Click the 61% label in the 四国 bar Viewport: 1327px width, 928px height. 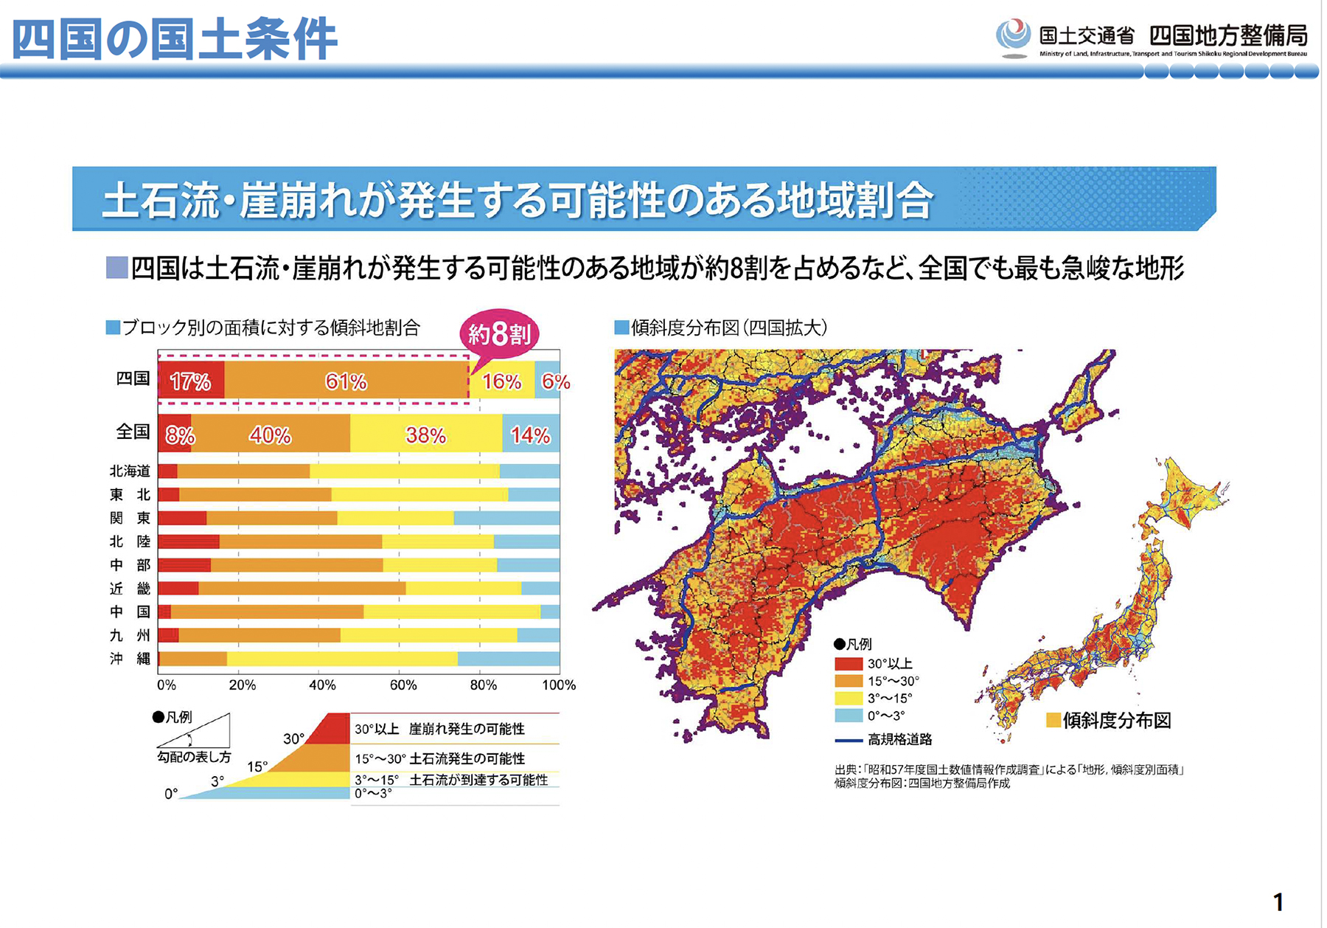point(346,381)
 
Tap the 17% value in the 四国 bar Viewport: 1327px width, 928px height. point(190,381)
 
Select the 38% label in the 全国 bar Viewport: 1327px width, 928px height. point(425,435)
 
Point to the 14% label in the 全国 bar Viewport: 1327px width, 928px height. point(530,435)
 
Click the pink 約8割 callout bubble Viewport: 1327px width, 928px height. point(500,334)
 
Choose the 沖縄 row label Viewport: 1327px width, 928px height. point(130,659)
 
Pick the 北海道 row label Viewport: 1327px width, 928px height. point(130,471)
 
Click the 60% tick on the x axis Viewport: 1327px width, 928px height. point(403,685)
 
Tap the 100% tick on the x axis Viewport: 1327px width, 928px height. point(559,685)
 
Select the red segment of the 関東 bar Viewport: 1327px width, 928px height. point(182,518)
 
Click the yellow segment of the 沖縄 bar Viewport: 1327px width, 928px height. point(342,659)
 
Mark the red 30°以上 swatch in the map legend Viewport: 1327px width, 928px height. point(849,664)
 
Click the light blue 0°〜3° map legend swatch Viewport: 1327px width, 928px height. point(849,716)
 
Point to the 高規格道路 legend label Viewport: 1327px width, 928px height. point(899,739)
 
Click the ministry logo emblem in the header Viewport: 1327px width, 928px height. point(1013,37)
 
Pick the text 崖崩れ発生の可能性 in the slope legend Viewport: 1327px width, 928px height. point(467,729)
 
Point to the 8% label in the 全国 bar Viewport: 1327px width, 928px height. point(179,435)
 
